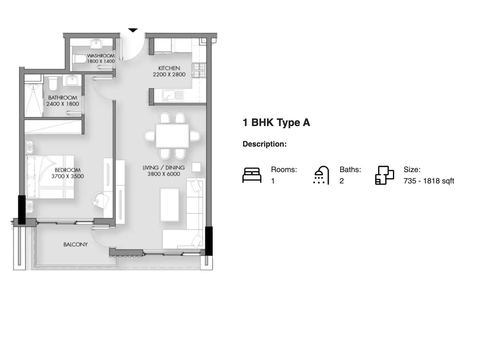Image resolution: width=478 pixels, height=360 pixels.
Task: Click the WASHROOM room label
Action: click(x=101, y=56)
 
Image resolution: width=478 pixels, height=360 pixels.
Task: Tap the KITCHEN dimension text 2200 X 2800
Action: click(x=169, y=74)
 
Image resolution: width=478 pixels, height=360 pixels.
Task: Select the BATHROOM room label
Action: click(x=63, y=98)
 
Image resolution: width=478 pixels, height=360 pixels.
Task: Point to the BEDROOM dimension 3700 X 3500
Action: click(x=68, y=176)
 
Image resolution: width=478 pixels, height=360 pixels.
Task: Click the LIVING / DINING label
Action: click(x=164, y=168)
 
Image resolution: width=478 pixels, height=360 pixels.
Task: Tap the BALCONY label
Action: click(x=75, y=244)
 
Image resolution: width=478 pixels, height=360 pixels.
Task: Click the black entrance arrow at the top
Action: click(x=133, y=30)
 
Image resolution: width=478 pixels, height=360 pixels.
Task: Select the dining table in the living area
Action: click(x=172, y=136)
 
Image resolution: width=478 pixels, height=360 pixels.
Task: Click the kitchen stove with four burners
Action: click(x=199, y=70)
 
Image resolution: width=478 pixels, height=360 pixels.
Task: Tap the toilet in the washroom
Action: click(x=80, y=58)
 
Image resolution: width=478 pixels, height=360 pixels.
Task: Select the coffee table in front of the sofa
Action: click(x=170, y=204)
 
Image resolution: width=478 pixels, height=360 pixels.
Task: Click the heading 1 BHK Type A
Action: click(x=276, y=123)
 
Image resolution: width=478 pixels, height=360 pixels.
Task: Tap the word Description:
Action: click(x=265, y=144)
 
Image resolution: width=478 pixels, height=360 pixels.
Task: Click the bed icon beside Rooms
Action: click(x=252, y=175)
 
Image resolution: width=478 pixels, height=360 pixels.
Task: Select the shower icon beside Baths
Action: click(x=321, y=175)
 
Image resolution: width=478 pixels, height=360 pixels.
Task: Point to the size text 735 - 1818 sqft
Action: click(x=429, y=181)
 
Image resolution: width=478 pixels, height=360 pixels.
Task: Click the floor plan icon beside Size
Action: click(x=384, y=175)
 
